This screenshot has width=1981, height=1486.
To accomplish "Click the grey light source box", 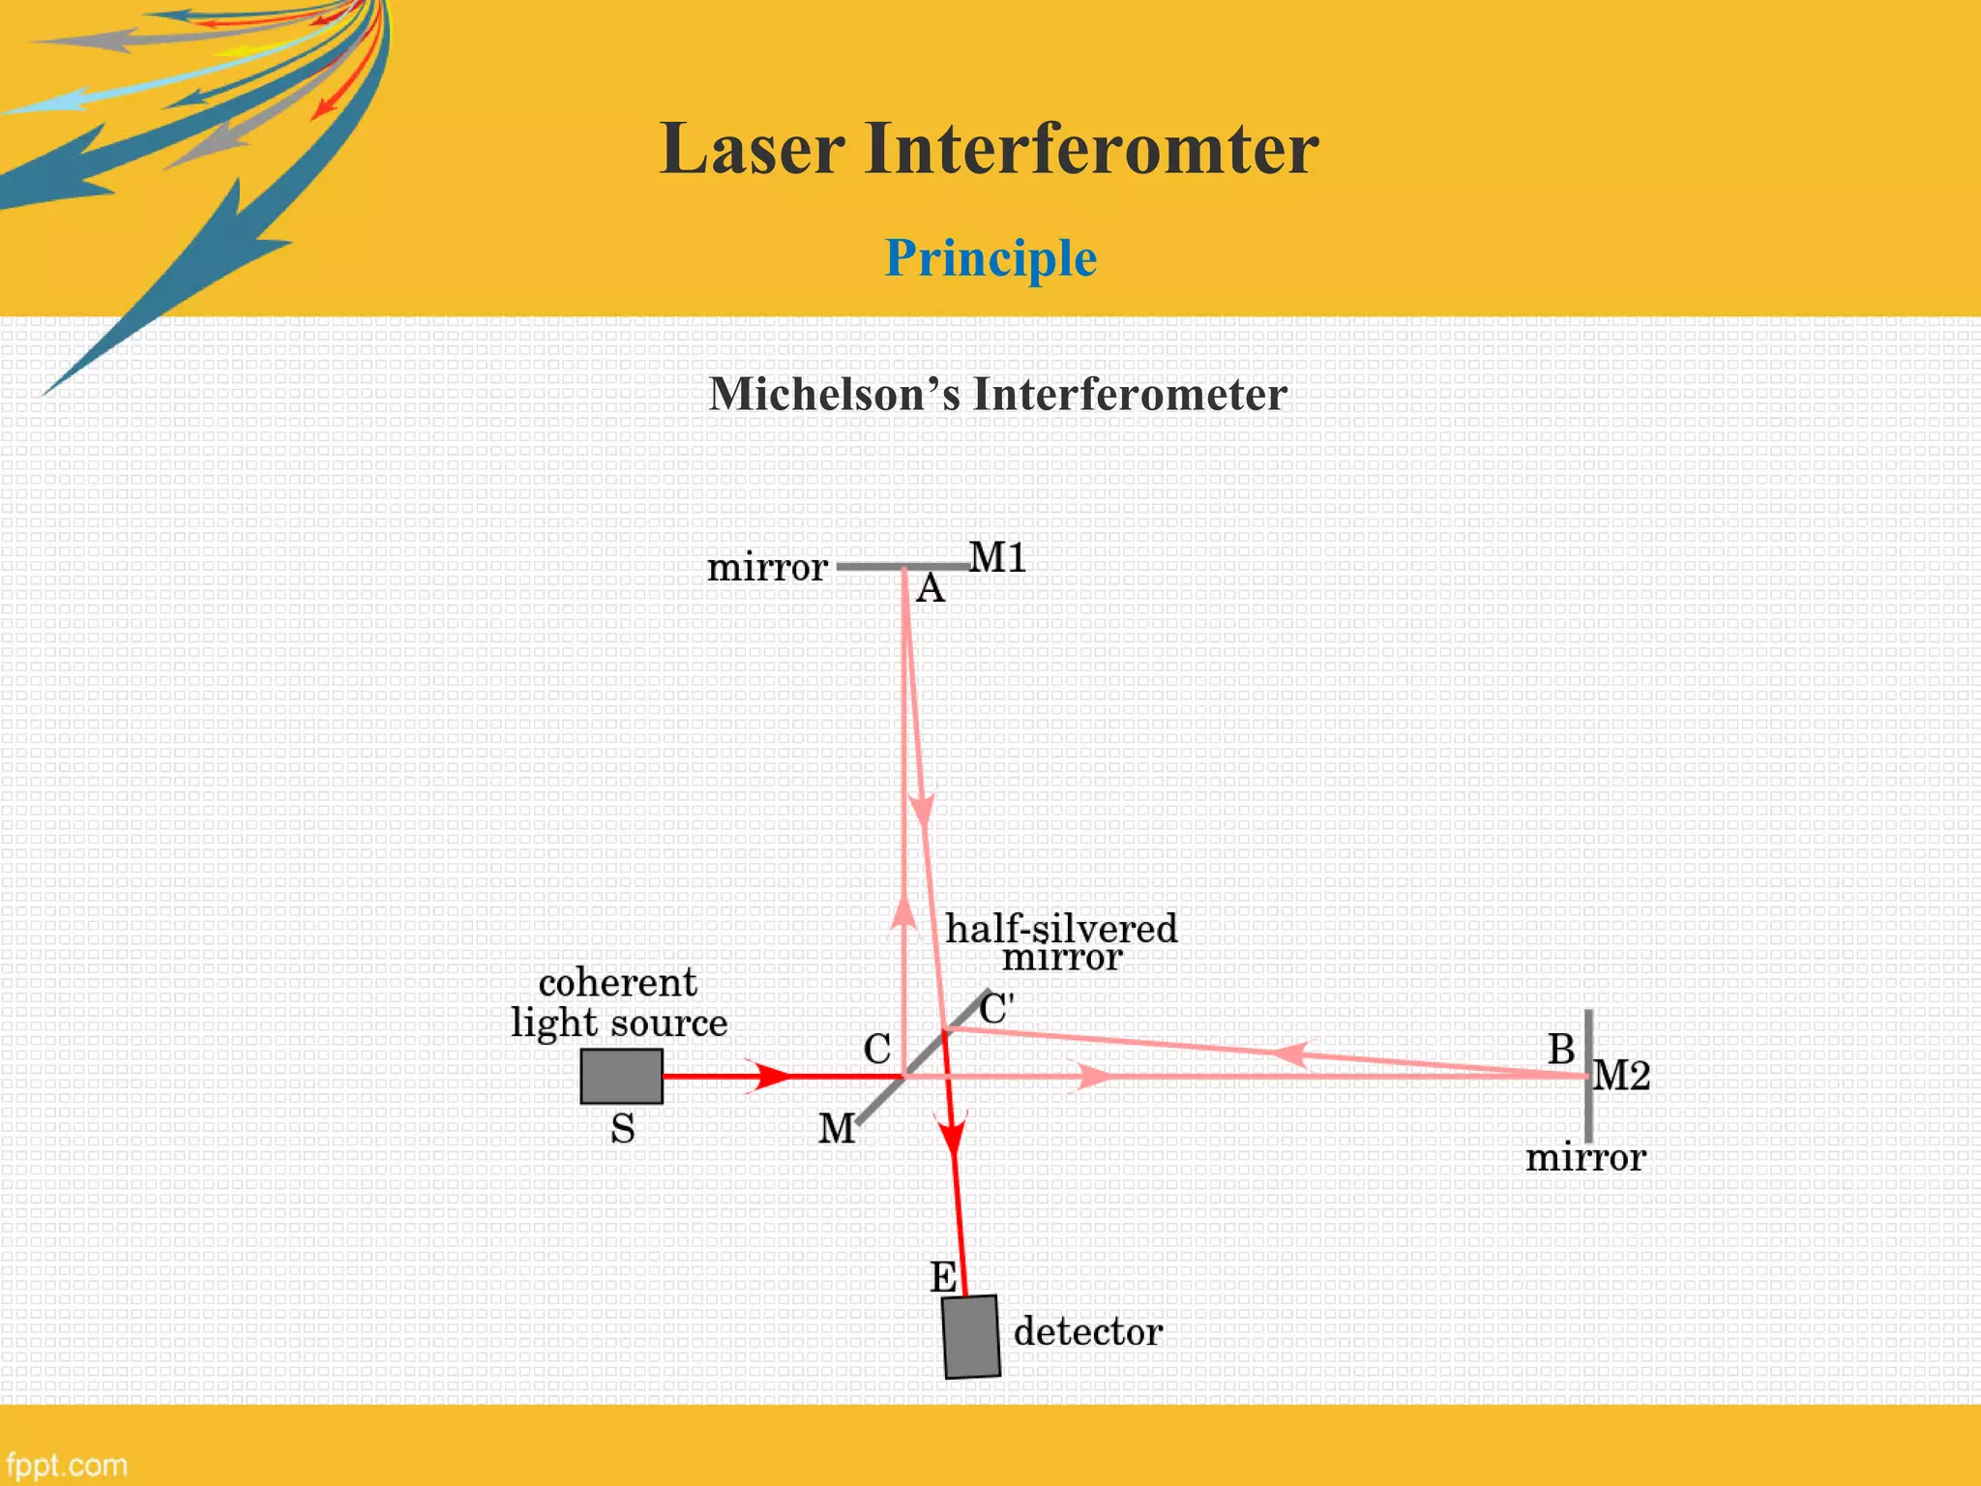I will point(621,1076).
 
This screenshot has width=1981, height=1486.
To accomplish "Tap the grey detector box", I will point(971,1337).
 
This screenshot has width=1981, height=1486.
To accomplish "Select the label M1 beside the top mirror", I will point(997,558).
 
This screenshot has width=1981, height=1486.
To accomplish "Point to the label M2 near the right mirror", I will point(1621,1076).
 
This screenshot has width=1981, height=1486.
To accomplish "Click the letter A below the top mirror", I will point(931,589).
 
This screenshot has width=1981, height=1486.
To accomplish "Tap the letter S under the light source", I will point(623,1129).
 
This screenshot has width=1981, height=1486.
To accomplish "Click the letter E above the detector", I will point(943,1278).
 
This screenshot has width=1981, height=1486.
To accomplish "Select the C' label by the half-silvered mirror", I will point(996,1010).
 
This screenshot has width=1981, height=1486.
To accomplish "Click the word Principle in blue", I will point(990,258).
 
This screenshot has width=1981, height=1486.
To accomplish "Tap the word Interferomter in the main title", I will point(1091,149).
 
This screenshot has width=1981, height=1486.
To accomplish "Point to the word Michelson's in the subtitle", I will point(834,395).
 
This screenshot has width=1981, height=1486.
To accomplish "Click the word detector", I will point(1087,1332).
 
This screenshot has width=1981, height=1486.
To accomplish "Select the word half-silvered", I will point(1061,929).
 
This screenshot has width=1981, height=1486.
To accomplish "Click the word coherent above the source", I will point(617,983).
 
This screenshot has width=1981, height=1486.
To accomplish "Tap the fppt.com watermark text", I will point(66,1465).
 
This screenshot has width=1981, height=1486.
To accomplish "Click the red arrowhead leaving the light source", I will point(771,1076).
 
